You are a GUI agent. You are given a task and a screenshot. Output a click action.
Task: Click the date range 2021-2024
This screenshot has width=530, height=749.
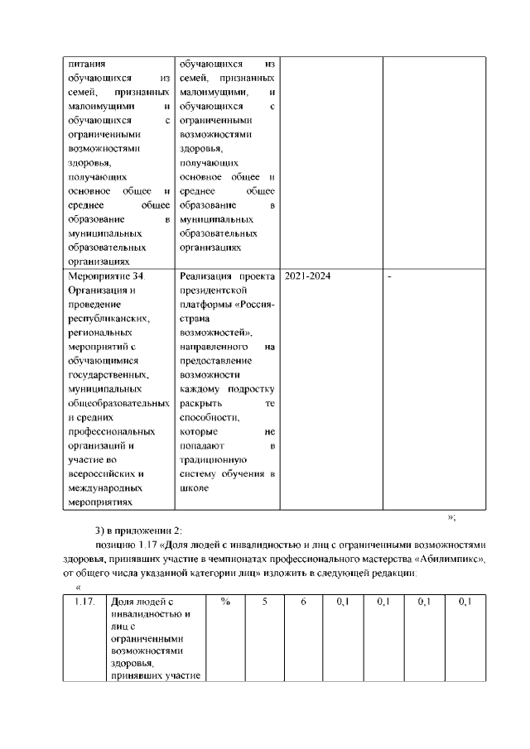pos(307,276)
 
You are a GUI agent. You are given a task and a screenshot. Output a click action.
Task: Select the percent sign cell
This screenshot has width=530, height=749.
pos(225,602)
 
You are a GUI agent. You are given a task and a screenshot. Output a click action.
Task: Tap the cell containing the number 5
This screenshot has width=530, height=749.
pos(265,602)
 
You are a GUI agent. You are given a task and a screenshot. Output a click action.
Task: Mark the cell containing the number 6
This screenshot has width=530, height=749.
pos(304,602)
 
